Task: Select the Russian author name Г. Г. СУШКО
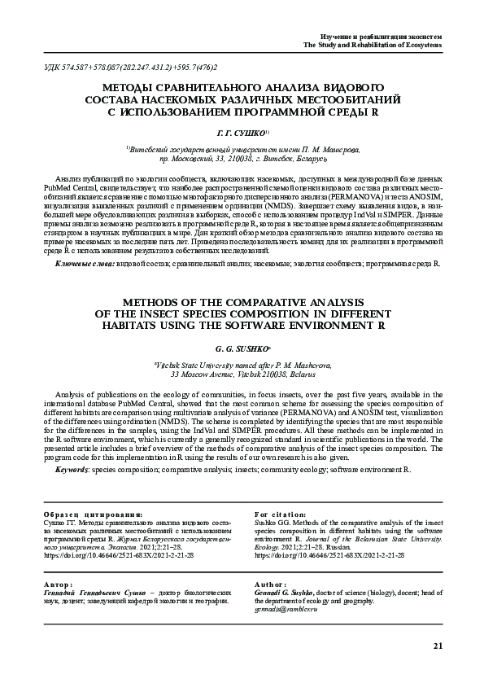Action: pos(239,131)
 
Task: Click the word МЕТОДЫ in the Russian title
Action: pos(129,85)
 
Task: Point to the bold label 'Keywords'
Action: pos(73,470)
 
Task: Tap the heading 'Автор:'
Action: pos(58,585)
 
